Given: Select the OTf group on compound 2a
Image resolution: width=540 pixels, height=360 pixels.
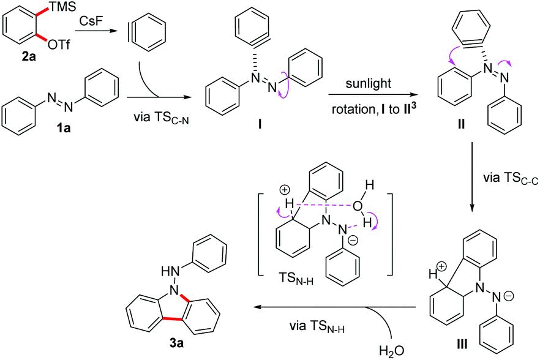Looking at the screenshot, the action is (59, 45).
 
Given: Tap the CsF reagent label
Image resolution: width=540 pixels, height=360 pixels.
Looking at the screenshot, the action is (91, 21).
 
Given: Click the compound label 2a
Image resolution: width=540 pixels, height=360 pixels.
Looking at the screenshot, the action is (29, 57).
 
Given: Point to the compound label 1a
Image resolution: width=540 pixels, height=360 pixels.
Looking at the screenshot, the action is (64, 128).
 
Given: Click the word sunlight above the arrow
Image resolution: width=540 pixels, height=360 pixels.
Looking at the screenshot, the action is (368, 83).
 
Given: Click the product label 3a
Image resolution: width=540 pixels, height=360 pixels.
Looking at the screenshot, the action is (176, 343).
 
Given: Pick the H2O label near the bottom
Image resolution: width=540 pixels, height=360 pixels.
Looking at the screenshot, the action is (392, 351).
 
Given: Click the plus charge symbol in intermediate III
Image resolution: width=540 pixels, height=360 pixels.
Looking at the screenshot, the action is (441, 266).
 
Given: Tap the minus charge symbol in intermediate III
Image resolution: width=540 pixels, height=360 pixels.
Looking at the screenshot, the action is (509, 296).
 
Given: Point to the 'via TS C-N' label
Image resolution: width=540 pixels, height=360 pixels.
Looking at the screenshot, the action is (161, 118).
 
